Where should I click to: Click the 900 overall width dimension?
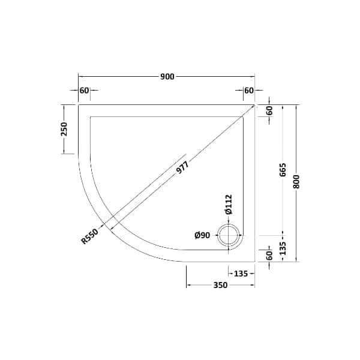click(x=167, y=77)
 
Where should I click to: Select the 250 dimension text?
click(x=64, y=129)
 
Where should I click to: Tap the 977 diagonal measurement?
click(x=183, y=169)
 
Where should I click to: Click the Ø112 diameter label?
click(x=229, y=205)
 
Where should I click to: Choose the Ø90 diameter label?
click(x=202, y=235)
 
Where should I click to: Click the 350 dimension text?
click(x=220, y=286)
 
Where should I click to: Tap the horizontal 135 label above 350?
click(x=240, y=274)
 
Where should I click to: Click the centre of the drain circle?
click(x=229, y=235)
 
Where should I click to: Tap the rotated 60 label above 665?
click(x=269, y=110)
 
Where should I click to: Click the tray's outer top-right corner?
click(x=255, y=104)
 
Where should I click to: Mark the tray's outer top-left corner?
click(x=79, y=104)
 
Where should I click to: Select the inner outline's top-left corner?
click(x=90, y=116)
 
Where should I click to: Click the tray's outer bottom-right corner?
click(x=255, y=262)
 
